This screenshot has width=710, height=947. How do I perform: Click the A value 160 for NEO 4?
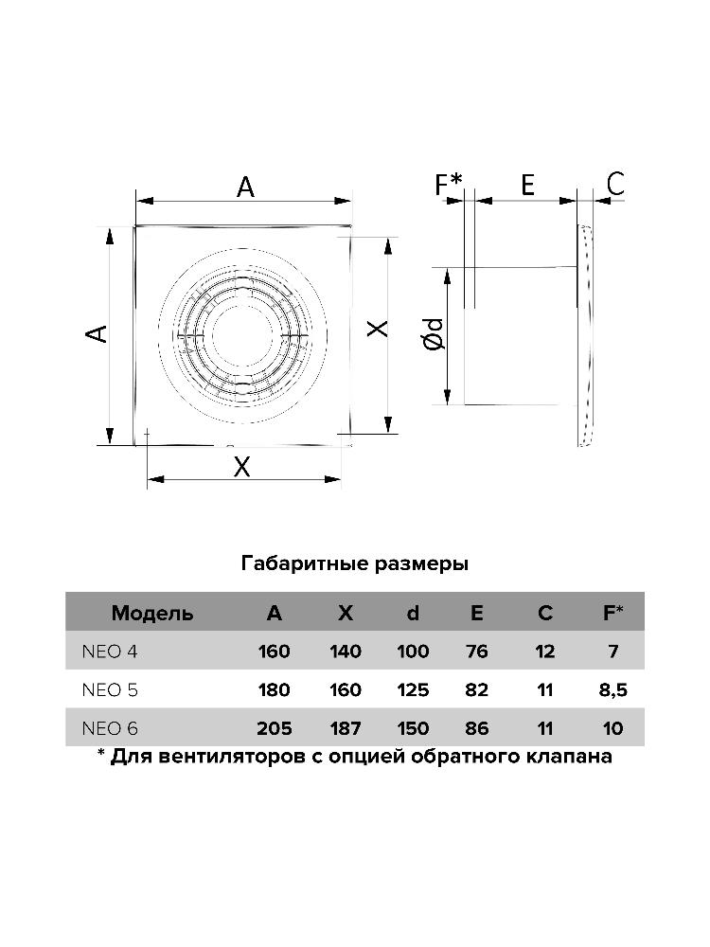[274, 652]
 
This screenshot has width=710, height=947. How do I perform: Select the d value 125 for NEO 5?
[413, 690]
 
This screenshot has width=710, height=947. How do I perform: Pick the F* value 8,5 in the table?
[612, 690]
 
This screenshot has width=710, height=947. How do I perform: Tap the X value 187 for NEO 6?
[346, 728]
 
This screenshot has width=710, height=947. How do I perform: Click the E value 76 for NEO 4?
[476, 652]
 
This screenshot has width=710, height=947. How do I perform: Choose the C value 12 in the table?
[545, 652]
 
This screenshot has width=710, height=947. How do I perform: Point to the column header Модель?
[152, 613]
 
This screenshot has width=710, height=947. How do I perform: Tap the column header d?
[413, 613]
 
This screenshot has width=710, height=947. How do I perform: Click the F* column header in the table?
[612, 613]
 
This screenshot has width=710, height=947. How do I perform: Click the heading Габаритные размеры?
[355, 564]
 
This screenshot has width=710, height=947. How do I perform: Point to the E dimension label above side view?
[527, 185]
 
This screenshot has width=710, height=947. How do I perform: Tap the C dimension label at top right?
[616, 184]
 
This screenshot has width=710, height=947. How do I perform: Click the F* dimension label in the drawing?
[449, 185]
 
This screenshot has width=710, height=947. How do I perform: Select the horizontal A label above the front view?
[245, 188]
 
